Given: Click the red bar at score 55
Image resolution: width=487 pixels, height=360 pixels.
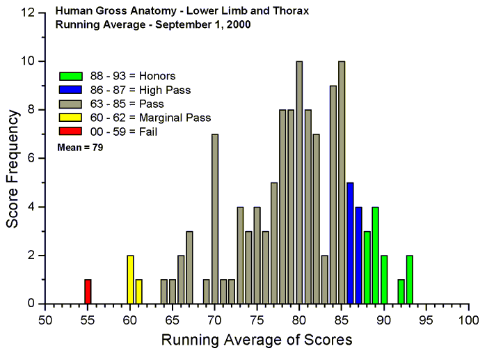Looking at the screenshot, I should coord(88,291).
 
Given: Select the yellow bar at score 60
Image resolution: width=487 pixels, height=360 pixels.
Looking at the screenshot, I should coord(130,279).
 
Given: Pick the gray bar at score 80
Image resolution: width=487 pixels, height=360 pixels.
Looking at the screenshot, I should coord(299,182).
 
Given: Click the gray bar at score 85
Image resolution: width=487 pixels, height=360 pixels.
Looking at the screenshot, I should coord(342,182).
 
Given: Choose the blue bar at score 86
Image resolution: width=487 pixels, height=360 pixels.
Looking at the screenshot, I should coord(350,243).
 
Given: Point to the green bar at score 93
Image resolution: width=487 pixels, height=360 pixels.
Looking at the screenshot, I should coord(409,279).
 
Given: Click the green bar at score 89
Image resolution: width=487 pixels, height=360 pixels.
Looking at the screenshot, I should coord(376,255).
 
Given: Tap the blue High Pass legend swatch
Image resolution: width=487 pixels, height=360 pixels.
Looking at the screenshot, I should coord(72,90).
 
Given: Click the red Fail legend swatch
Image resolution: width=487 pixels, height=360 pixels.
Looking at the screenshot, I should coord(72,131).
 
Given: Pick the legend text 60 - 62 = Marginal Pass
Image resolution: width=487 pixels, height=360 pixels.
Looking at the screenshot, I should coord(150,118).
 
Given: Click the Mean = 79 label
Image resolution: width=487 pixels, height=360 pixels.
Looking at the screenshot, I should coord(80,147).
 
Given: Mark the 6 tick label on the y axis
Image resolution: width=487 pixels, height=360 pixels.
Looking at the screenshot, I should coord(32,158).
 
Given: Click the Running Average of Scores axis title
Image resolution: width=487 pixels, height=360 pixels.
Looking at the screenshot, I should coord(257,341).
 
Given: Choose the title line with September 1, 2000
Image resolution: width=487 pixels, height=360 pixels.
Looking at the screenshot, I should coord(153,24).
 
